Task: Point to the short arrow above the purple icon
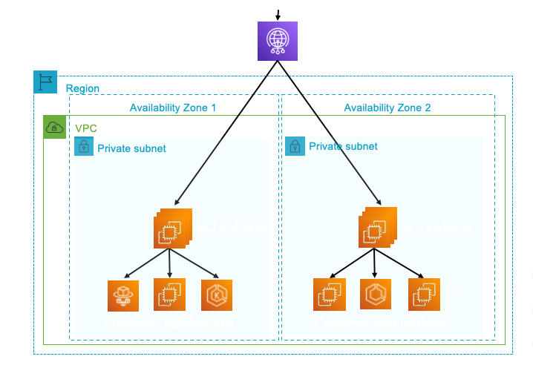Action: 278,13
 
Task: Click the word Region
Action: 82,89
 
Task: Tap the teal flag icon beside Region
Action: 45,82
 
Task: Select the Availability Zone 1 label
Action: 173,108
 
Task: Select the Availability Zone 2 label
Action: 387,108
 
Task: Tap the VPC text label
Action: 85,128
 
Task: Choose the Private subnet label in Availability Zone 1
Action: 131,148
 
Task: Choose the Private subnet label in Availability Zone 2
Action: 343,147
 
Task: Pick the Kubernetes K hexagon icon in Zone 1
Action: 217,295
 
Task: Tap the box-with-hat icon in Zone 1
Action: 122,295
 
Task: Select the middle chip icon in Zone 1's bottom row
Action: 169,294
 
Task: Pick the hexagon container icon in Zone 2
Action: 375,295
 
